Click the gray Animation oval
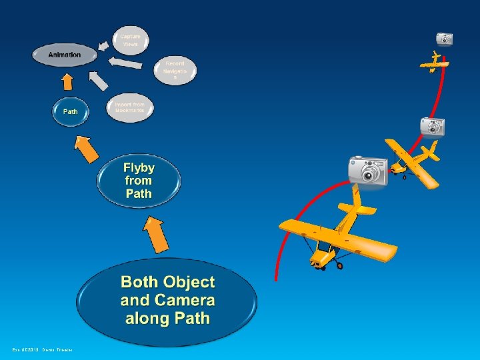[65, 55]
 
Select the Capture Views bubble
[131, 39]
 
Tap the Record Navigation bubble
[175, 69]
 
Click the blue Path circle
[70, 111]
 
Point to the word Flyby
[139, 168]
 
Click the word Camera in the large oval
[185, 300]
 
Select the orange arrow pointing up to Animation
[67, 81]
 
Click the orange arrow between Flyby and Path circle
[87, 150]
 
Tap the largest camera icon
[367, 171]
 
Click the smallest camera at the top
[445, 39]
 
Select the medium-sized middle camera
[432, 126]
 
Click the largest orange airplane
[337, 233]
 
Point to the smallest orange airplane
[434, 61]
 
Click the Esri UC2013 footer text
[42, 349]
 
